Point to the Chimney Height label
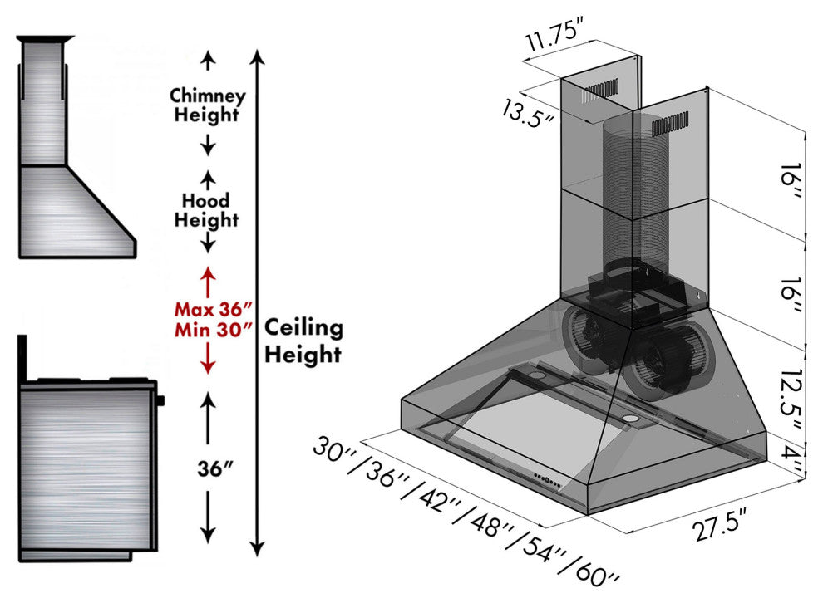(207, 105)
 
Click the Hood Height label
(207, 210)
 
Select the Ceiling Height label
(303, 341)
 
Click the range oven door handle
(160, 400)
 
